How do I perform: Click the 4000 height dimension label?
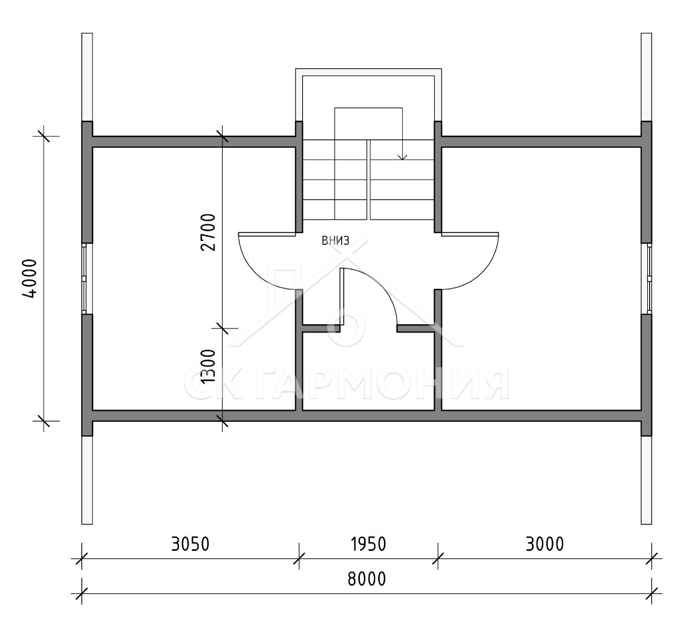[x=29, y=279]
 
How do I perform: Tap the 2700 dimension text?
[x=208, y=232]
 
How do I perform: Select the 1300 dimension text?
[x=208, y=367]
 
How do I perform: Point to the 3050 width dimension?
[x=190, y=544]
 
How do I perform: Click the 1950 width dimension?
[x=369, y=544]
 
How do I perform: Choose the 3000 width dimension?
[x=545, y=544]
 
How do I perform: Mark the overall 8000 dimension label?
[x=367, y=579]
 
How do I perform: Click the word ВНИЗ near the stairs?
[x=336, y=241]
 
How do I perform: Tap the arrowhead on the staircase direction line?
[x=402, y=157]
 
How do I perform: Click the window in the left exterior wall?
[x=85, y=278]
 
